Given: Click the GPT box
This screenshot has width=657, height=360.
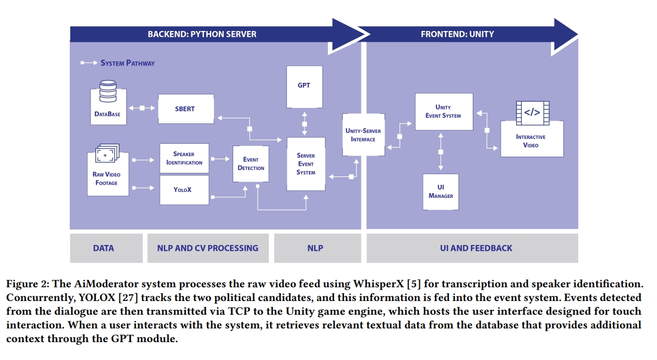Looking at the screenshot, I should click(304, 86).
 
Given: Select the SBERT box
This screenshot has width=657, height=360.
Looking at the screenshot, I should click(185, 109).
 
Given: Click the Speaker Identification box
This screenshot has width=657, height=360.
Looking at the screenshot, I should click(184, 158).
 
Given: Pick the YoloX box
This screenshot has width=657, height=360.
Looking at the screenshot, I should click(184, 190).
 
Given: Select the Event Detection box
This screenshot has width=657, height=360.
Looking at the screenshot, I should click(251, 164).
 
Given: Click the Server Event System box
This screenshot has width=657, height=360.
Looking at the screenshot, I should click(306, 164).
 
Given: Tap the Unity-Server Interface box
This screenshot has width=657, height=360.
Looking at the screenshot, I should click(362, 135).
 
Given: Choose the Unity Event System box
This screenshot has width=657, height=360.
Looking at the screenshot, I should click(443, 111).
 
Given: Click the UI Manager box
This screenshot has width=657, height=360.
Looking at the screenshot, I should click(441, 191).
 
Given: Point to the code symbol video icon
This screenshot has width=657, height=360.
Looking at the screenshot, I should click(531, 112).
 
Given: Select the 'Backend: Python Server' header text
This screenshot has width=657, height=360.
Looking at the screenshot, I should click(202, 34).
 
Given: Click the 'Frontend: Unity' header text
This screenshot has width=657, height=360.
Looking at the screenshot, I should click(457, 34).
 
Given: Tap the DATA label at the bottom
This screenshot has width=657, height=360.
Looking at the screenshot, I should click(103, 248).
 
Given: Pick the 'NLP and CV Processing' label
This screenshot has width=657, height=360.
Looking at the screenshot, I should click(207, 248).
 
